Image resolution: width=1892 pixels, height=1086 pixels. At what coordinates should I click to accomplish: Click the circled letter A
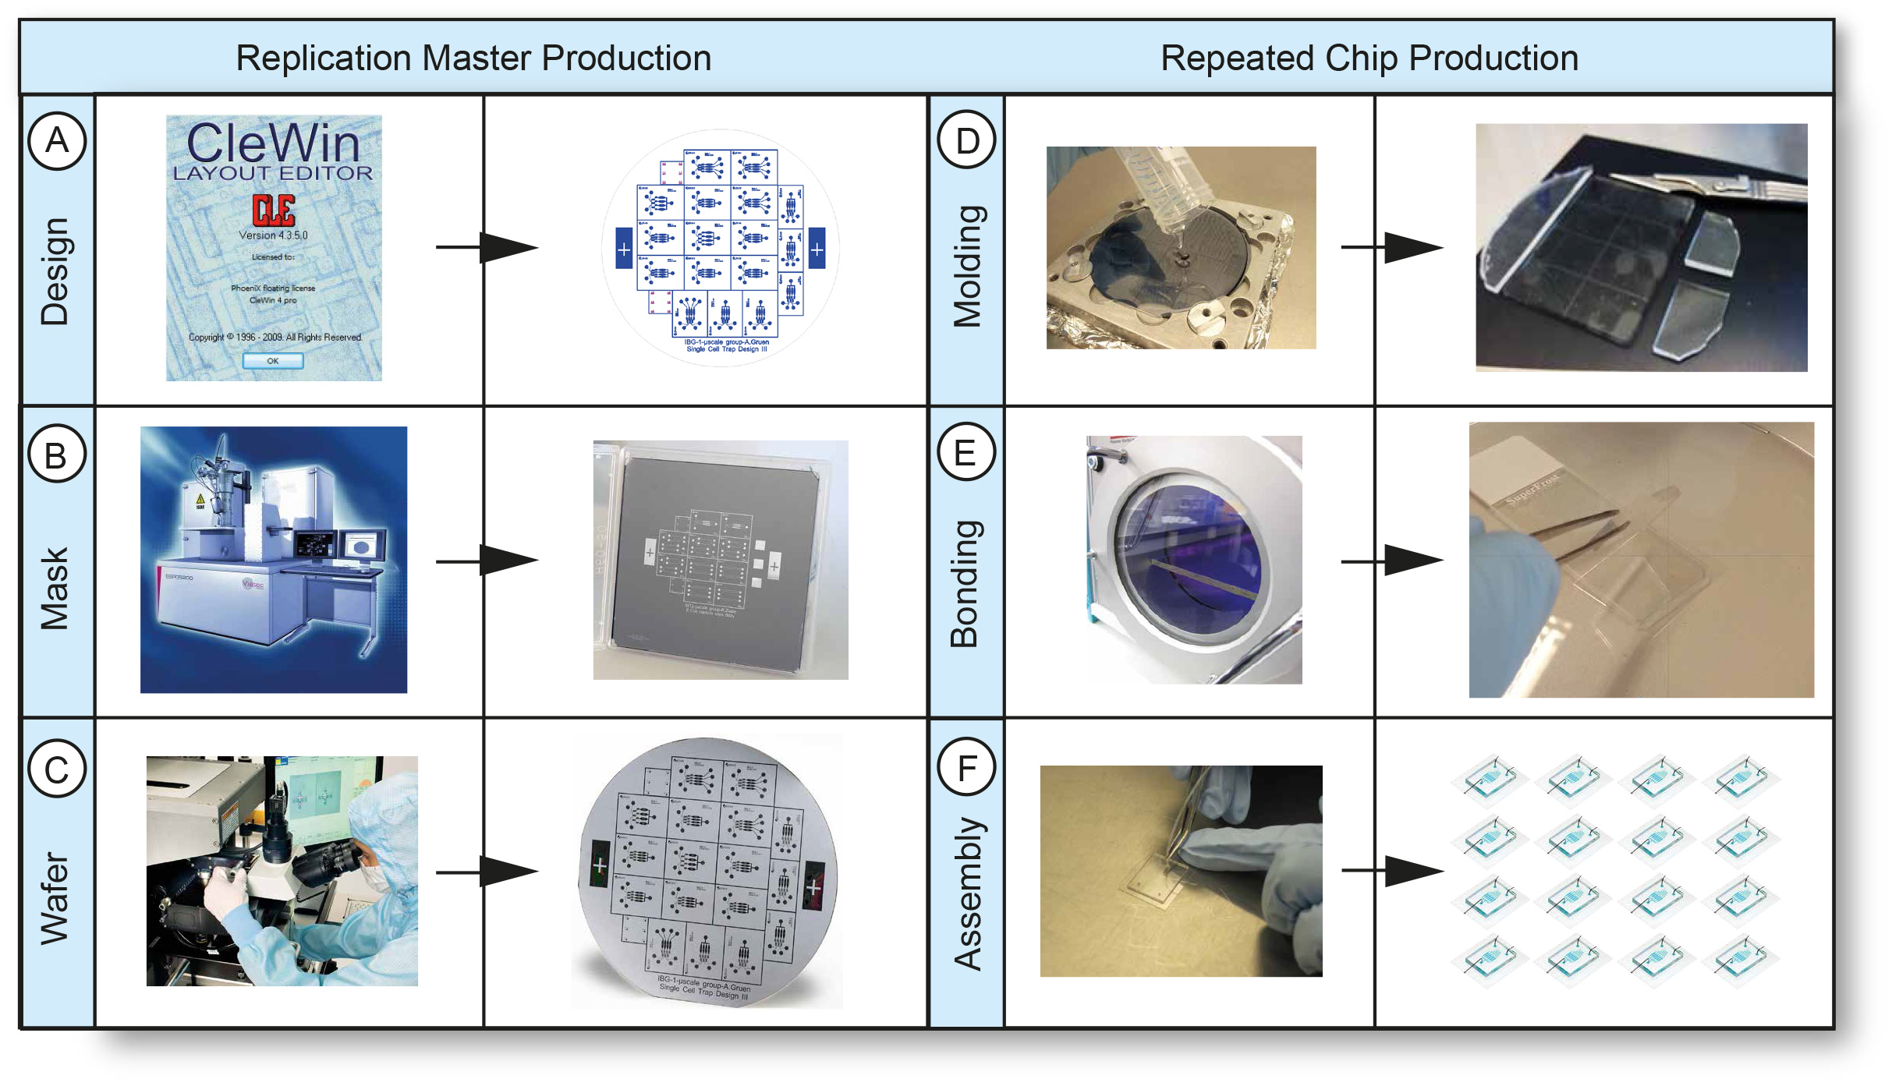57,140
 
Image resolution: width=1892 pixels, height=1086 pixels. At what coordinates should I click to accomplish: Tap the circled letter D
966,140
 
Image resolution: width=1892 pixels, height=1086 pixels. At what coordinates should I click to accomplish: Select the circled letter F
966,768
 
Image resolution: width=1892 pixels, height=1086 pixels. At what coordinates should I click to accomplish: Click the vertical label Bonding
965,583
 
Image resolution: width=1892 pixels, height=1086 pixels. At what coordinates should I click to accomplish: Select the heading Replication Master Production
473,58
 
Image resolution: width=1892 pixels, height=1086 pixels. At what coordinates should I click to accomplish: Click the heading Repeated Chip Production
1369,58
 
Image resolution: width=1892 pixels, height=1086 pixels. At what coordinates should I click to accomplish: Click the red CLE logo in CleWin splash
273,210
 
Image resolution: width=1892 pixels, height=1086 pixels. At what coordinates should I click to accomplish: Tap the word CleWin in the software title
273,143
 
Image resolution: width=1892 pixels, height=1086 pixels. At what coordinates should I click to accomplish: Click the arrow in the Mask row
488,561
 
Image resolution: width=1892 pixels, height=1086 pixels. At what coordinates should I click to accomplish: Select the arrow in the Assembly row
1394,871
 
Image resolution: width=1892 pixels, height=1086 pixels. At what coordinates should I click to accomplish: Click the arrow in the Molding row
1394,247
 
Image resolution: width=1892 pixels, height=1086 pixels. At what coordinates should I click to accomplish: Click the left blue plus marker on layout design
623,249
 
